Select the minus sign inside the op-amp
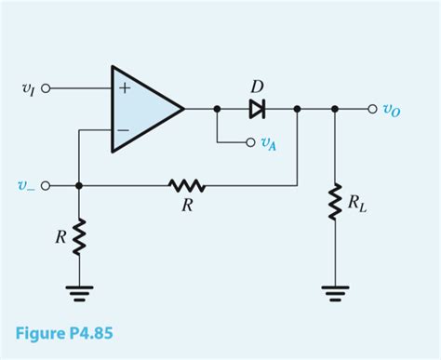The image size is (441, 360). [123, 130]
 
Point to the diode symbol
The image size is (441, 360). [257, 109]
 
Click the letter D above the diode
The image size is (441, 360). [257, 87]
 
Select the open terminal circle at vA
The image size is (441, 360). [249, 142]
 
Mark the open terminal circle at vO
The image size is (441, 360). [373, 109]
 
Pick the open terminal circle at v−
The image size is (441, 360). [46, 185]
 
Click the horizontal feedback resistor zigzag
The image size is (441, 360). [187, 185]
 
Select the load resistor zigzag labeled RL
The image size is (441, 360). [334, 203]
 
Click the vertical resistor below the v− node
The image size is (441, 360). [79, 235]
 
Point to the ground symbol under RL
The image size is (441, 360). [334, 293]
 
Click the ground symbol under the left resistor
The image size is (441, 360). [79, 293]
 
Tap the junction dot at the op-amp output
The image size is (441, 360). [217, 109]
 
